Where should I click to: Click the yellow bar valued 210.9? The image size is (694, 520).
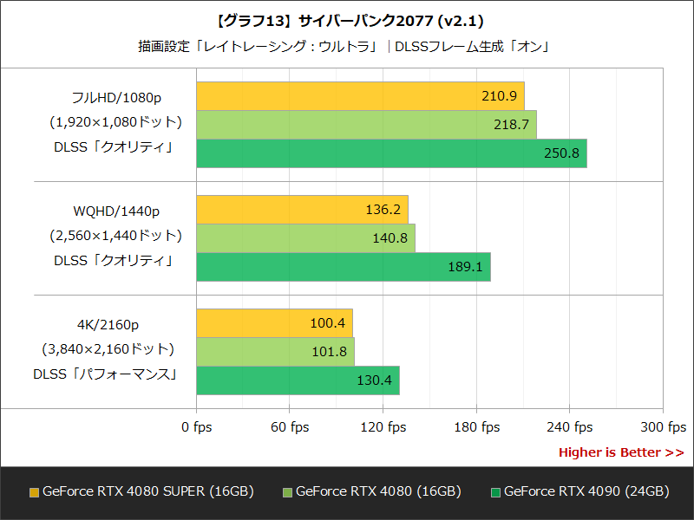(360, 96)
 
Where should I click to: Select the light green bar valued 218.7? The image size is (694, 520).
(366, 125)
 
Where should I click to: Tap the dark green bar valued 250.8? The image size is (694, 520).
(391, 153)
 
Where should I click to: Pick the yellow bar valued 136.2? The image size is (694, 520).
(302, 210)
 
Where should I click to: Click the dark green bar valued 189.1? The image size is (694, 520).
(344, 267)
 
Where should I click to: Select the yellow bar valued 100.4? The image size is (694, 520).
(274, 323)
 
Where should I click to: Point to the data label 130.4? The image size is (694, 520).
(374, 380)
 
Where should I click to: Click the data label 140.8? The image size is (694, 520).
(390, 238)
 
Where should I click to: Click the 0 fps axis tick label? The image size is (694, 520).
(196, 426)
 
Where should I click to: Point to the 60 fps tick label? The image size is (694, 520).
(290, 426)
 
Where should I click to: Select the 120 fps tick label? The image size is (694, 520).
(383, 426)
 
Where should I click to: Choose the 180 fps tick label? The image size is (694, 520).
(476, 426)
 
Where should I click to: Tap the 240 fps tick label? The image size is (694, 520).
(570, 426)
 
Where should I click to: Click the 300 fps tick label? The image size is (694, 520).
(663, 426)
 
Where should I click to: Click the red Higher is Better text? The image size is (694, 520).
(620, 452)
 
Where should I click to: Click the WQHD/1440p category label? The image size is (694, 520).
(116, 211)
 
